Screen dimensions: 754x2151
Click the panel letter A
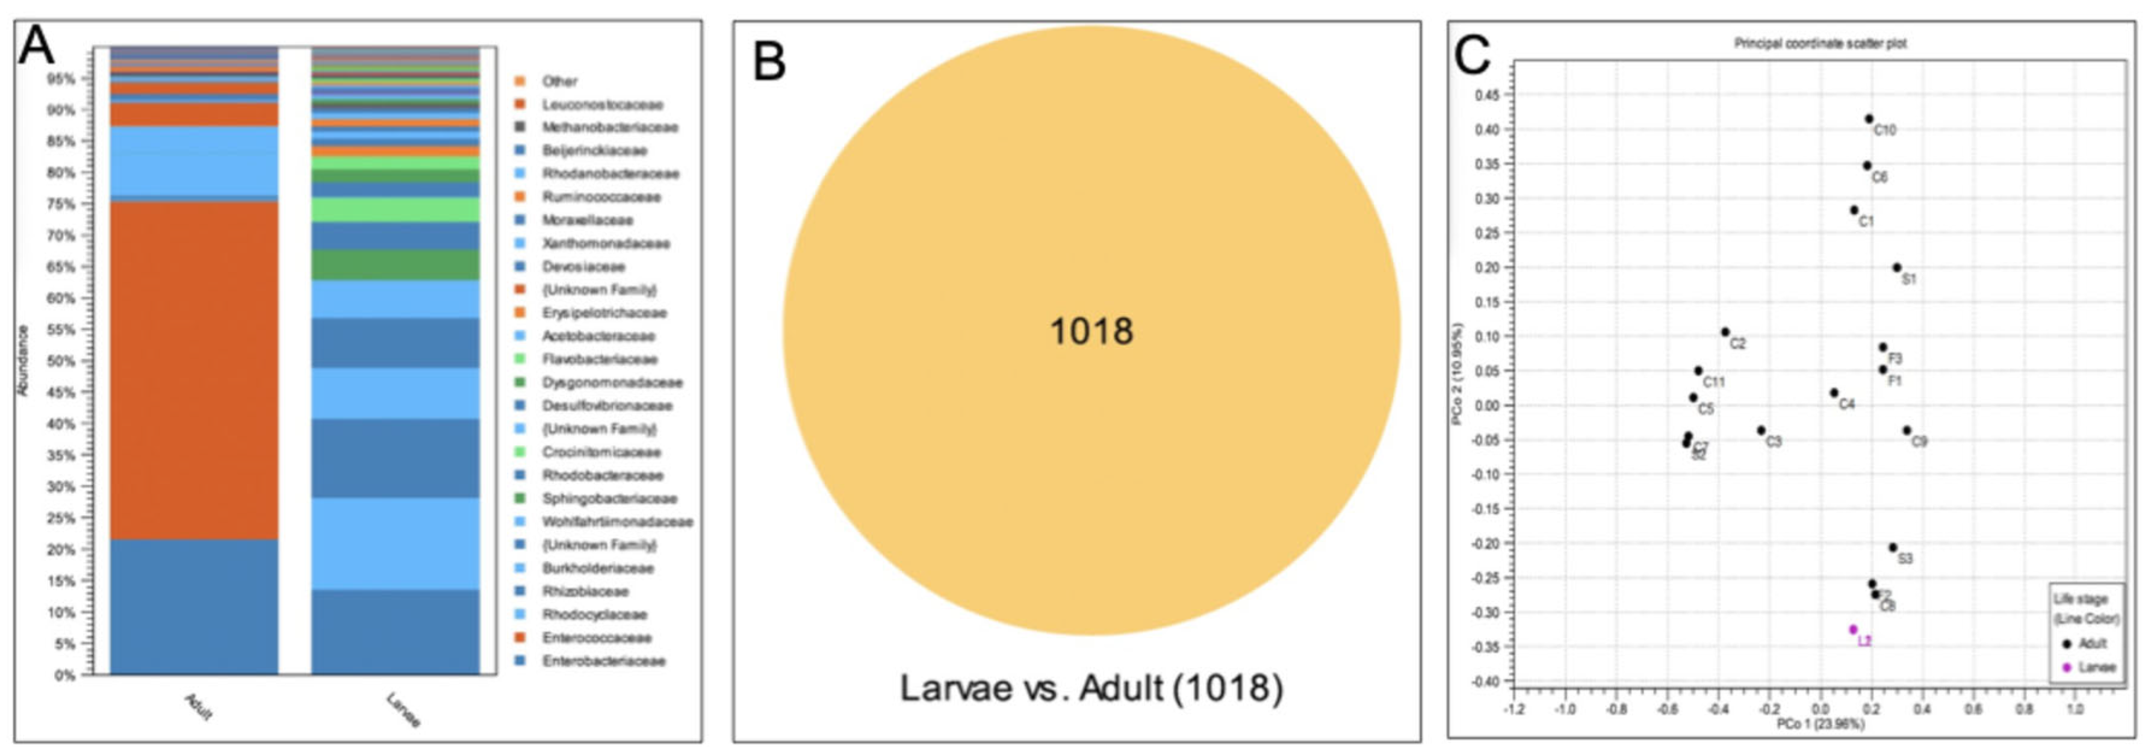[36, 47]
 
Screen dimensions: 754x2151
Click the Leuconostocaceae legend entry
[601, 104]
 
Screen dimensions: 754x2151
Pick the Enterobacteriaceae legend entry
[603, 661]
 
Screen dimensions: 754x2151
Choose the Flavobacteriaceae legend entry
[599, 359]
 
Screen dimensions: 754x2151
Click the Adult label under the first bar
[198, 706]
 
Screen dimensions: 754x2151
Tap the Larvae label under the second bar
[403, 710]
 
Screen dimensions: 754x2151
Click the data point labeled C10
[1869, 119]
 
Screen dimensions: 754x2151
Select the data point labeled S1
[1896, 268]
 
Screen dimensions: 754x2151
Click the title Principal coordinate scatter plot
[1820, 43]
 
